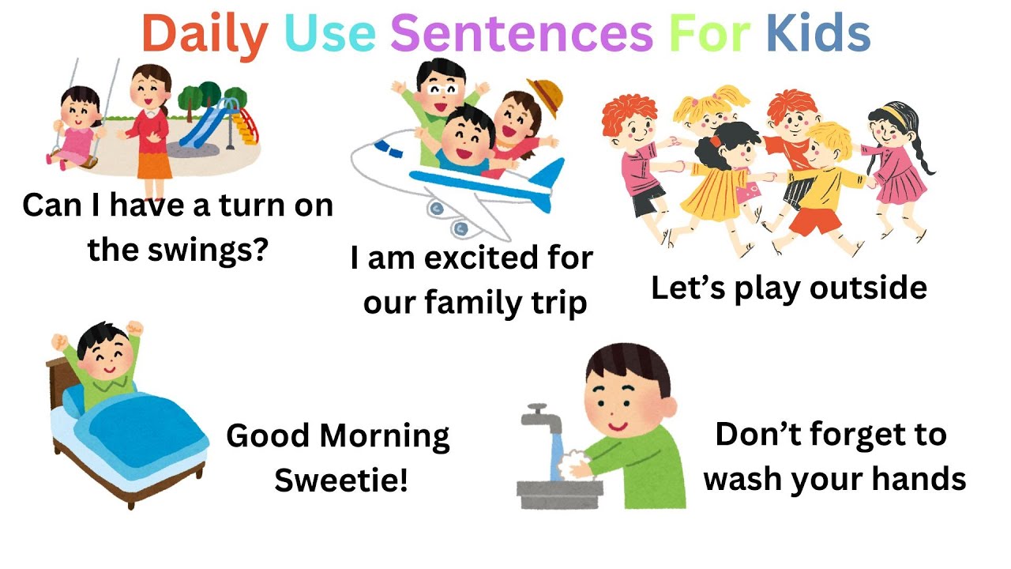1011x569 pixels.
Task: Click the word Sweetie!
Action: point(341,480)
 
